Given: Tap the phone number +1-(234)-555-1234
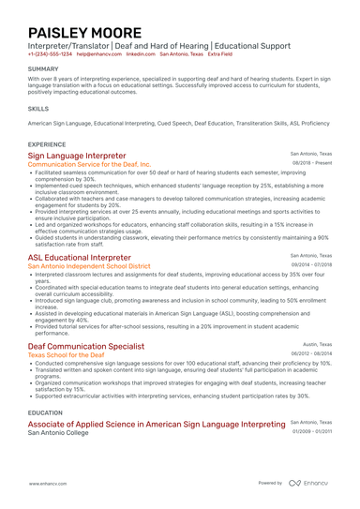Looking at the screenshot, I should (50, 54).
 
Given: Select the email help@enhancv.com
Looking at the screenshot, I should (98, 54).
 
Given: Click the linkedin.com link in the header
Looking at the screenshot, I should (141, 54).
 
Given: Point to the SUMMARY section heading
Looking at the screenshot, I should (42, 69).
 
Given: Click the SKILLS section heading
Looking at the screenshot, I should (38, 108).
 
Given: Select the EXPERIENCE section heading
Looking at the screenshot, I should (47, 144).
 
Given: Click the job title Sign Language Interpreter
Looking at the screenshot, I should (77, 156).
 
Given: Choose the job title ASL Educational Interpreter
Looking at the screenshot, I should (80, 257).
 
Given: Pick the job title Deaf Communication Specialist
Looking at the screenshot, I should (86, 347).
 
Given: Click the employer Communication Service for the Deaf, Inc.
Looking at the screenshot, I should (88, 164).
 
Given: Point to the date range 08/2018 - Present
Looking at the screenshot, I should (312, 162).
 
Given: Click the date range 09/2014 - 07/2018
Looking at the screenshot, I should (310, 264).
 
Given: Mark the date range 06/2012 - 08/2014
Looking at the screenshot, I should (310, 354).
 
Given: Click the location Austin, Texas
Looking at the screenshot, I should (316, 344).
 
